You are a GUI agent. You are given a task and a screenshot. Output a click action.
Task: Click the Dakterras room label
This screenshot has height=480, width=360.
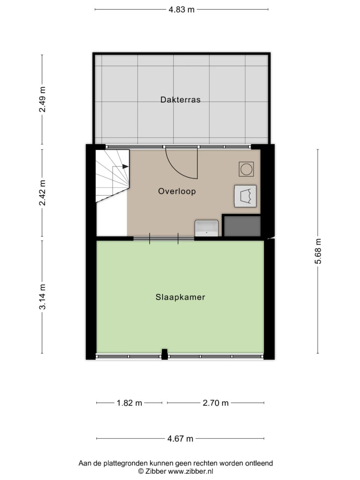tap(180, 100)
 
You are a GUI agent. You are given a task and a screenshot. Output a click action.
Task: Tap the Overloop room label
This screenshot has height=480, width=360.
tap(177, 191)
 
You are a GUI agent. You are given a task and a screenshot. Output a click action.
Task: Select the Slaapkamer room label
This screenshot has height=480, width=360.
tap(180, 297)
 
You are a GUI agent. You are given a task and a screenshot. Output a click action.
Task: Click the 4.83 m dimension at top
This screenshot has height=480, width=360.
tap(181, 9)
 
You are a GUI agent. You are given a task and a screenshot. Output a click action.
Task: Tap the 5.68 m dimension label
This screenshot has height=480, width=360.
tap(318, 251)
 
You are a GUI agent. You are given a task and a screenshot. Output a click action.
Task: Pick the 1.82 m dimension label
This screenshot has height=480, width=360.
tap(129, 403)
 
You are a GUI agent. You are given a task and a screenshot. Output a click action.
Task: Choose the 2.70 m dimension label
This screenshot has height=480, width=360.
tap(216, 403)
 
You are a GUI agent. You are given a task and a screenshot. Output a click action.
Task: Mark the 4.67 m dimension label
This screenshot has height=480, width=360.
tap(180, 439)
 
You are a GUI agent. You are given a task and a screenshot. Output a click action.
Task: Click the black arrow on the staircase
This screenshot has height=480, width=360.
tap(125, 166)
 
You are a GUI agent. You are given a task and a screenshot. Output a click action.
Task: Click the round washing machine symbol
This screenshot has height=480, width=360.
tap(246, 169)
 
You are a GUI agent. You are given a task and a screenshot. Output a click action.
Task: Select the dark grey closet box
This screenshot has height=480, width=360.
tap(242, 226)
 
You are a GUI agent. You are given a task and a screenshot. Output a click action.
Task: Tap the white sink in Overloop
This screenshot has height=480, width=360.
tap(206, 228)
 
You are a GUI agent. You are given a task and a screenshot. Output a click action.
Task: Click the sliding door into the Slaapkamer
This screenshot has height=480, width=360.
tap(164, 238)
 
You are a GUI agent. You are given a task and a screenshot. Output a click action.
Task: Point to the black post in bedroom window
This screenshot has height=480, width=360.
tap(164, 354)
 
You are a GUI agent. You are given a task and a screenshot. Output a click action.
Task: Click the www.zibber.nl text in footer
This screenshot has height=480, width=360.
tap(190, 471)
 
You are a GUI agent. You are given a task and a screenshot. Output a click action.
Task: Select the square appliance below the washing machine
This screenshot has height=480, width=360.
tap(246, 196)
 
